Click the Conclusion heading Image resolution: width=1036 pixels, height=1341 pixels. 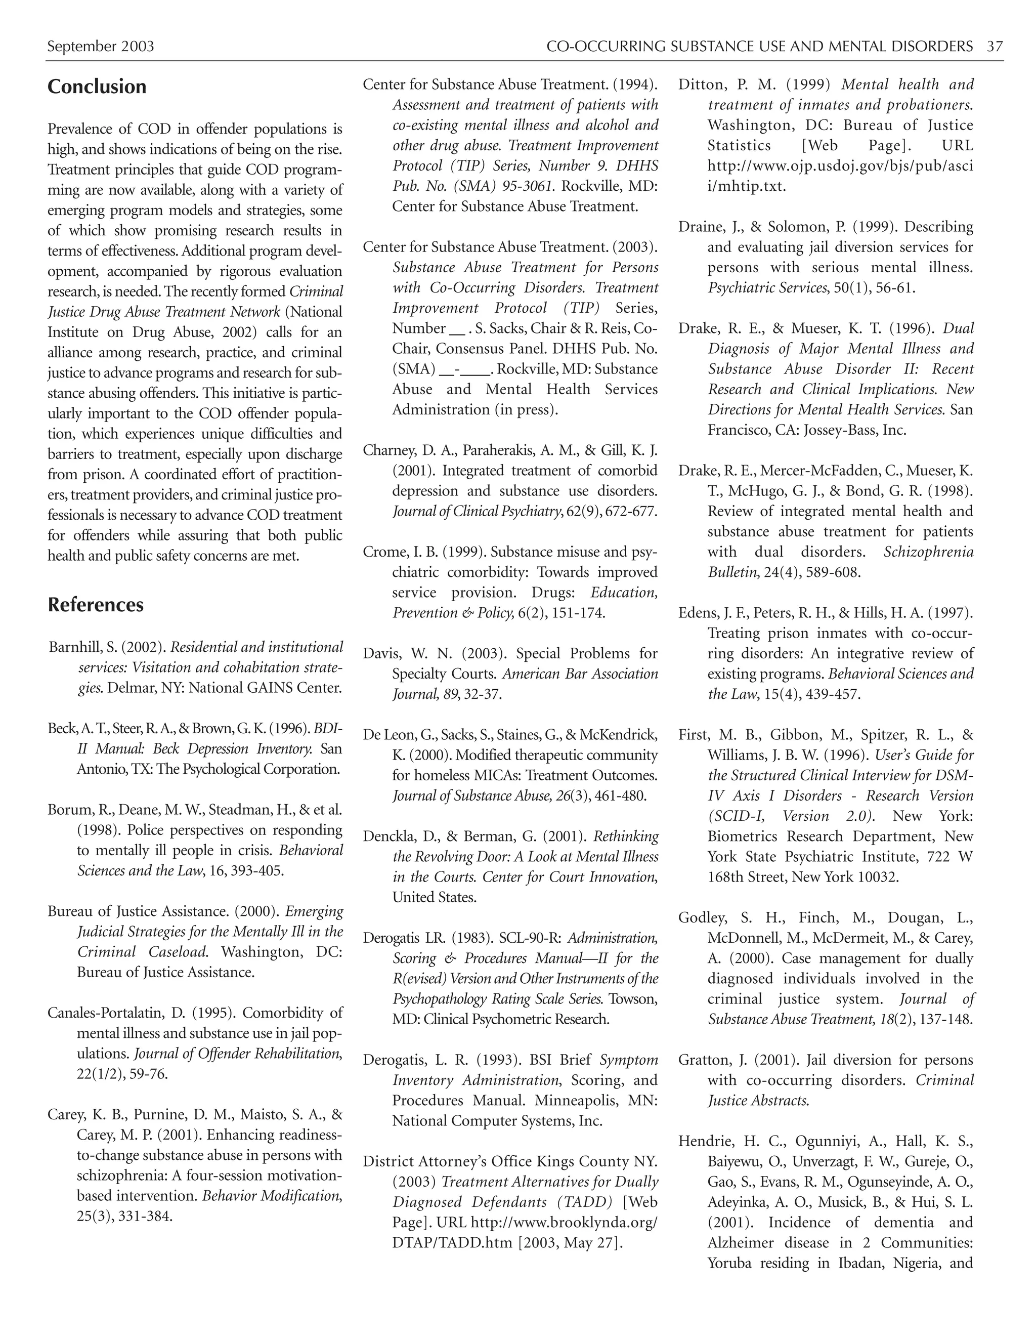click(97, 87)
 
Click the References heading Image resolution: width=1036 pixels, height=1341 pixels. click(96, 605)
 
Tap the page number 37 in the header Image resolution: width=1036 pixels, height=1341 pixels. click(995, 46)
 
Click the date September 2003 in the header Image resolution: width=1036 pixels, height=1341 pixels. click(101, 46)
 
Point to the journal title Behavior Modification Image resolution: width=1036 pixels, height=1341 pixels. click(271, 1195)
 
